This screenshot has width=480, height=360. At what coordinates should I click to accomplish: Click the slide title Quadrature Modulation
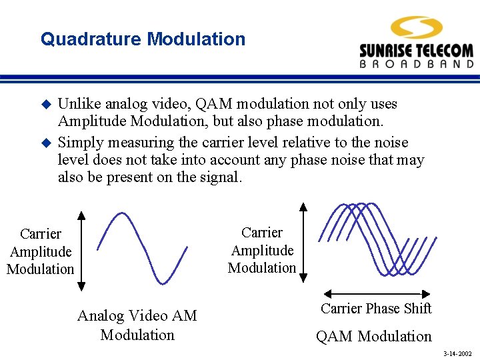(143, 39)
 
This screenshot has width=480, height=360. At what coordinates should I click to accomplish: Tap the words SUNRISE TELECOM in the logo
(416, 51)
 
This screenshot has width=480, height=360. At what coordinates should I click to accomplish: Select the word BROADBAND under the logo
(416, 65)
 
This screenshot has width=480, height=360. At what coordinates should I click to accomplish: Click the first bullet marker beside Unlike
(46, 105)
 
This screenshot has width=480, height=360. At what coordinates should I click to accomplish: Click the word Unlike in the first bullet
(78, 104)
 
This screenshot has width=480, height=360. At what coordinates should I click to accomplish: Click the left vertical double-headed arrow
(81, 251)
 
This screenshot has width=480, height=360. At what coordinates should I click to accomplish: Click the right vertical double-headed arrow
(303, 242)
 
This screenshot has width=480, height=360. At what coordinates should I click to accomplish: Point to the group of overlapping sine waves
(377, 239)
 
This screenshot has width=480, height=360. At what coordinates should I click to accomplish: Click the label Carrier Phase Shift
(376, 309)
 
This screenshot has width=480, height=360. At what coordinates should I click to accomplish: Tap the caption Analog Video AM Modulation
(137, 325)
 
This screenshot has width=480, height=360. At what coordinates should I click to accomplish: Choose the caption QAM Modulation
(373, 337)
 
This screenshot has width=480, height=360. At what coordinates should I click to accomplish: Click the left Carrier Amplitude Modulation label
(40, 251)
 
